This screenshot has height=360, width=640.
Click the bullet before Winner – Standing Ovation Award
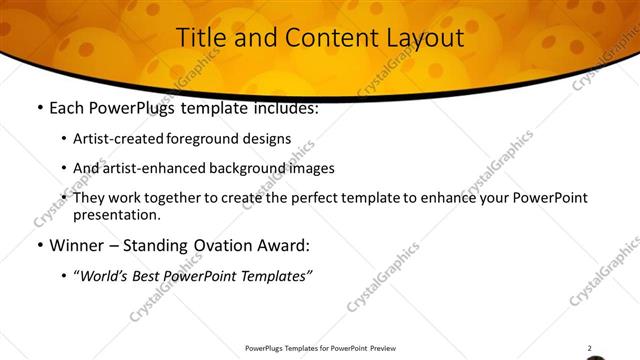pyautogui.click(x=39, y=245)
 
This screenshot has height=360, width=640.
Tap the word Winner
pyautogui.click(x=78, y=245)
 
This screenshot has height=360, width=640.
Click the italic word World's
pyautogui.click(x=104, y=274)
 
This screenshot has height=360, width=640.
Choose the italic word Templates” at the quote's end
pyautogui.click(x=279, y=274)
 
